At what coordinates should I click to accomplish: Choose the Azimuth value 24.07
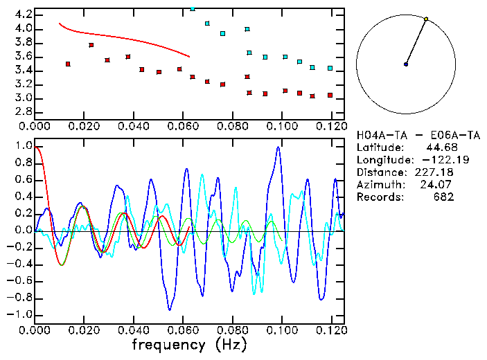pos(439,184)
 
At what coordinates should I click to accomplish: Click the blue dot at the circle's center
pos(406,64)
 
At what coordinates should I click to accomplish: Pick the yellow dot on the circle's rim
pos(426,19)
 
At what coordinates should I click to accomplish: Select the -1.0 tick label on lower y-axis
pos(21,314)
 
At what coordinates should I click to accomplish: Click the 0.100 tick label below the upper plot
pos(282,126)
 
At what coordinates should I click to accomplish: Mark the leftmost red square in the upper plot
pos(68,64)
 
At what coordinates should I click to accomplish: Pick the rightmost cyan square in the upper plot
pos(330,69)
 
